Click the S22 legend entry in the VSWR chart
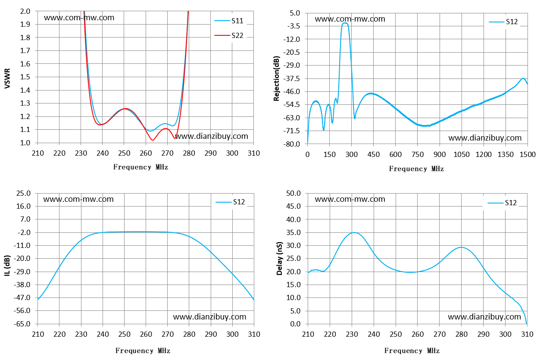tap(229, 35)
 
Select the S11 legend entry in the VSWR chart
tap(229, 21)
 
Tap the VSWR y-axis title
tap(7, 78)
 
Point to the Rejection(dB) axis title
tap(276, 78)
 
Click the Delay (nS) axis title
tap(279, 258)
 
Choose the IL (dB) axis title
tap(7, 265)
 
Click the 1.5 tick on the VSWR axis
tap(25, 77)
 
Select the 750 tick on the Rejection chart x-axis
tap(417, 154)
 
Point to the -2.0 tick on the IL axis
tap(24, 232)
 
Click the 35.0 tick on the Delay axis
tap(293, 232)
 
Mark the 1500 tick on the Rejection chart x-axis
tap(528, 154)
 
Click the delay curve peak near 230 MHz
tap(354, 232)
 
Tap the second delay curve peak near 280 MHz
tap(461, 247)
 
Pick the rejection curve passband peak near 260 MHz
tap(345, 23)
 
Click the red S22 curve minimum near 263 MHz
tap(153, 140)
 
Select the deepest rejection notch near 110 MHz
tap(324, 130)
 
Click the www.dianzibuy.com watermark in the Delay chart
tap(484, 316)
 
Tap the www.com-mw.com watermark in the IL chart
tap(78, 199)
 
